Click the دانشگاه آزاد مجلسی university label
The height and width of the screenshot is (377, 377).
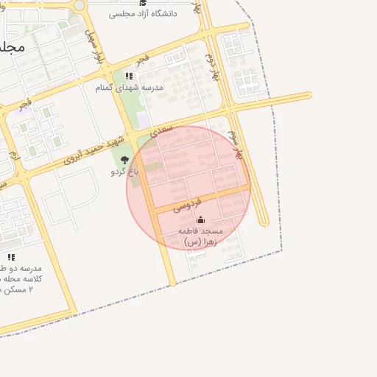pyautogui.click(x=143, y=14)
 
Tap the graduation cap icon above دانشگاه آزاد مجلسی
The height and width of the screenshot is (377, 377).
pyautogui.click(x=143, y=3)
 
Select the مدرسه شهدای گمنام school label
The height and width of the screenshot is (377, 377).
pyautogui.click(x=130, y=88)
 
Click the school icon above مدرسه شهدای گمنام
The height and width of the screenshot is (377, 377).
pyautogui.click(x=130, y=76)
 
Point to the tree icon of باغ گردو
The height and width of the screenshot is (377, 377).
pyautogui.click(x=124, y=159)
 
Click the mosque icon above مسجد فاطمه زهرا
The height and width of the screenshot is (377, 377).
pyautogui.click(x=200, y=220)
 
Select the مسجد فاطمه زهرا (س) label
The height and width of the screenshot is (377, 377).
pyautogui.click(x=200, y=236)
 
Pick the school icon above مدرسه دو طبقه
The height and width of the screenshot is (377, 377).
pyautogui.click(x=11, y=257)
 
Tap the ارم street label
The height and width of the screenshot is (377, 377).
pyautogui.click(x=13, y=155)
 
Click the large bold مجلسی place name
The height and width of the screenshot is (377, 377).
pyautogui.click(x=12, y=46)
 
